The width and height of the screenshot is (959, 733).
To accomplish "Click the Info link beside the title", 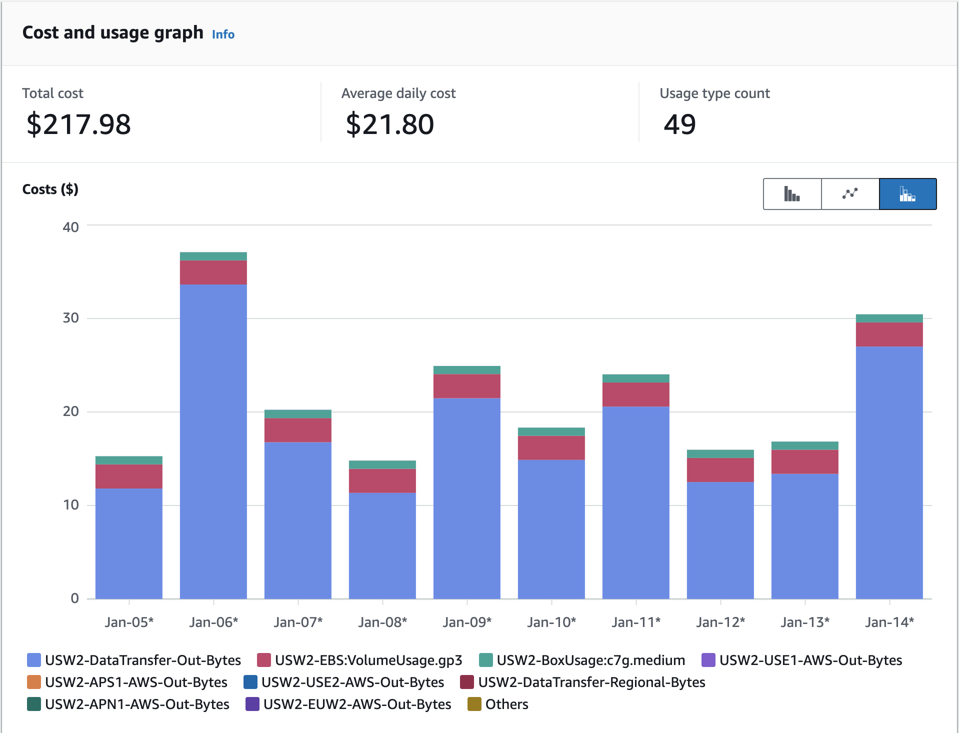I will tap(223, 34).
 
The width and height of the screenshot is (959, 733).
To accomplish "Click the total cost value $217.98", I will tap(78, 124).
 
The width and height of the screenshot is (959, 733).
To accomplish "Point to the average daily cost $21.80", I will tap(389, 124).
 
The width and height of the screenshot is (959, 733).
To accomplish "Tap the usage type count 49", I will tap(679, 124).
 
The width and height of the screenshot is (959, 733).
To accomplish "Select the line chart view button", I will tap(850, 194).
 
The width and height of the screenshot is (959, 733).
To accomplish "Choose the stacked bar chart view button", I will tap(907, 194).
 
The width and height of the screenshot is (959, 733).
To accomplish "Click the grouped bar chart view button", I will tap(792, 194).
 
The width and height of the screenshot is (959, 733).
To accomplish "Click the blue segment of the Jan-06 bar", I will tap(213, 440).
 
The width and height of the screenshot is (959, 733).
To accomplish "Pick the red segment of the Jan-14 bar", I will tap(889, 334).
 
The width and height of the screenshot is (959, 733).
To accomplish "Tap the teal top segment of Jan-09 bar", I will tap(466, 370).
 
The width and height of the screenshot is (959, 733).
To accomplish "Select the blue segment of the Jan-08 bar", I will tap(382, 545).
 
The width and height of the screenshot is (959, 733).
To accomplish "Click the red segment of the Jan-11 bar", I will tap(635, 394).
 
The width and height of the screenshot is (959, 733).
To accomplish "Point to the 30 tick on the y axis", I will tap(71, 318).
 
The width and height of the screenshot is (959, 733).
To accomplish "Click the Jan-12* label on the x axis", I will tap(720, 622).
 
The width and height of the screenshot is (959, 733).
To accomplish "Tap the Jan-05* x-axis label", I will tap(129, 622).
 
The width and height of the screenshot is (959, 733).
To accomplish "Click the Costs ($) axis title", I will tap(50, 189).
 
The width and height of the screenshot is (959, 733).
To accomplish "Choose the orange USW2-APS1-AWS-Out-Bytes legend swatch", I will tap(34, 682).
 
